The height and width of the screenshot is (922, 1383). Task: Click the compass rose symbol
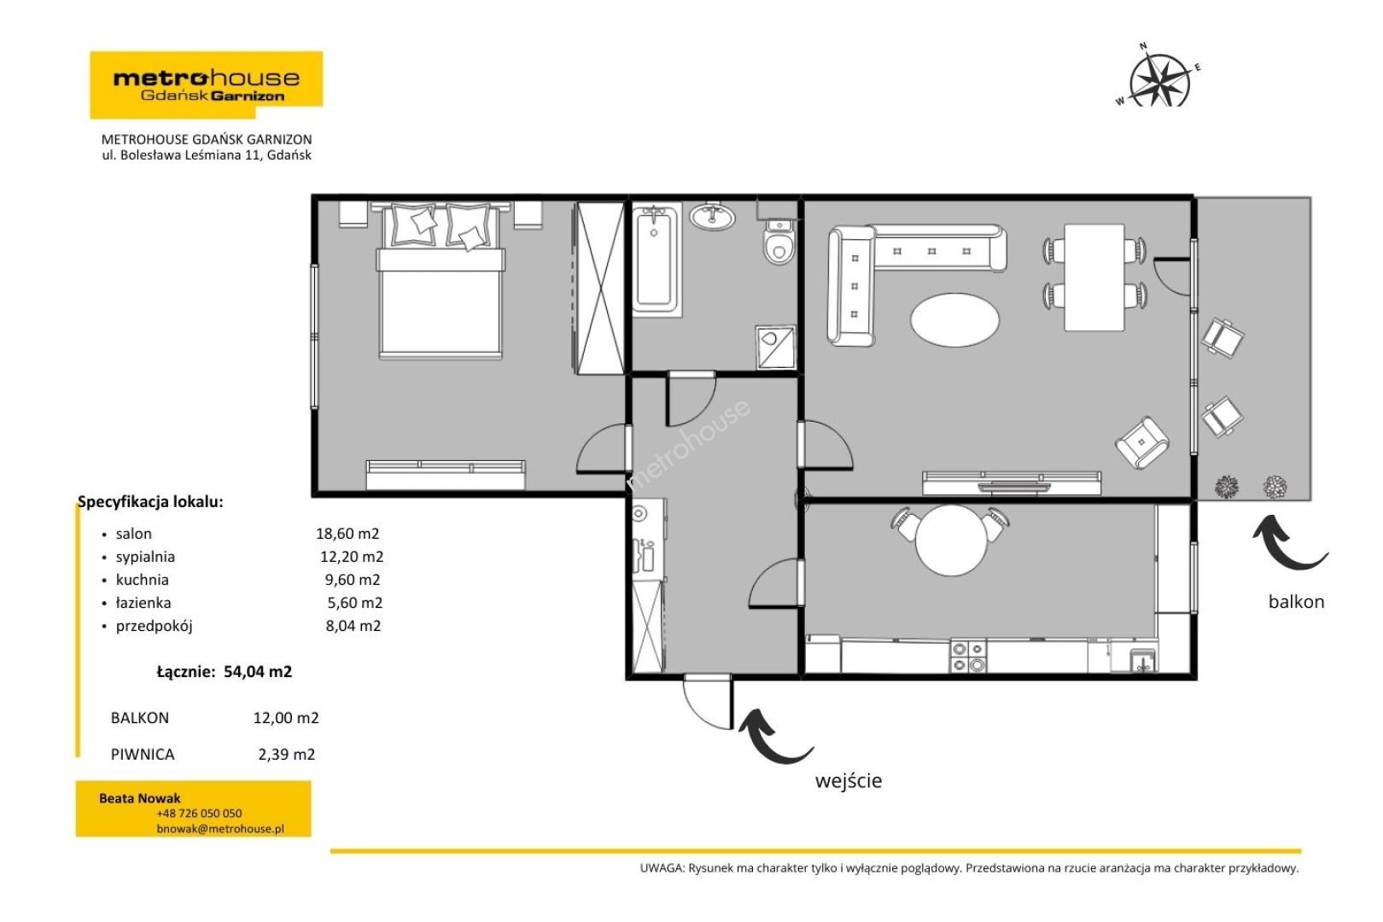pyautogui.click(x=1159, y=79)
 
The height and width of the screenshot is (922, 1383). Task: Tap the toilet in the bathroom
pyautogui.click(x=779, y=242)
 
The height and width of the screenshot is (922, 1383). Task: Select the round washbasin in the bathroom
pyautogui.click(x=713, y=216)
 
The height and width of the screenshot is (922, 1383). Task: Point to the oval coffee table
pyautogui.click(x=954, y=319)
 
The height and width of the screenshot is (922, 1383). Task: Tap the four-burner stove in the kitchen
pyautogui.click(x=968, y=656)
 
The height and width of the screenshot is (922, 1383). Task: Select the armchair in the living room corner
pyautogui.click(x=1142, y=442)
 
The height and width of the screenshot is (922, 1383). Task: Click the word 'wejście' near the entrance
pyautogui.click(x=849, y=780)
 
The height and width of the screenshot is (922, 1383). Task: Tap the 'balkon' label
pyautogui.click(x=1296, y=602)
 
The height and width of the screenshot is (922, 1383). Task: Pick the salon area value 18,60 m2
pyautogui.click(x=347, y=534)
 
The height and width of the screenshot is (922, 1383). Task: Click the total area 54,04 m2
pyautogui.click(x=258, y=671)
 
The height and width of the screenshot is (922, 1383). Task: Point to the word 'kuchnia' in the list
pyautogui.click(x=142, y=580)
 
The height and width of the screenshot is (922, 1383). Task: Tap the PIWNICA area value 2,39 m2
pyautogui.click(x=287, y=754)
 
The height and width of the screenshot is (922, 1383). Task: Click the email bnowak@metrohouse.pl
pyautogui.click(x=220, y=829)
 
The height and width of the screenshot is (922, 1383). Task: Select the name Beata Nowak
pyautogui.click(x=139, y=798)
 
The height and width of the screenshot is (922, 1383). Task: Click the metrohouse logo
pyautogui.click(x=207, y=85)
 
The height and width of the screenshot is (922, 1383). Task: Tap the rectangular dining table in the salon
pyautogui.click(x=1094, y=277)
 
